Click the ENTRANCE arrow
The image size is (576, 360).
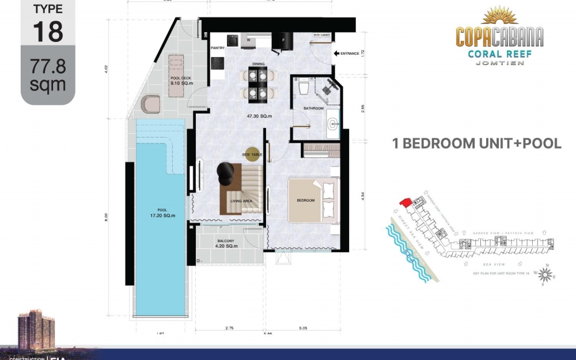click(336, 54)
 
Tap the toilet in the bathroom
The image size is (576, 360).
click(304, 88)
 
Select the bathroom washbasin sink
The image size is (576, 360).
click(332, 123)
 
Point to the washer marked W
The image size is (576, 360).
click(249, 41)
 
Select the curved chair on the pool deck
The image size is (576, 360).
click(149, 104)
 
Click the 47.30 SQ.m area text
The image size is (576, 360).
click(259, 116)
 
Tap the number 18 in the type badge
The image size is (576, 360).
click(48, 32)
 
